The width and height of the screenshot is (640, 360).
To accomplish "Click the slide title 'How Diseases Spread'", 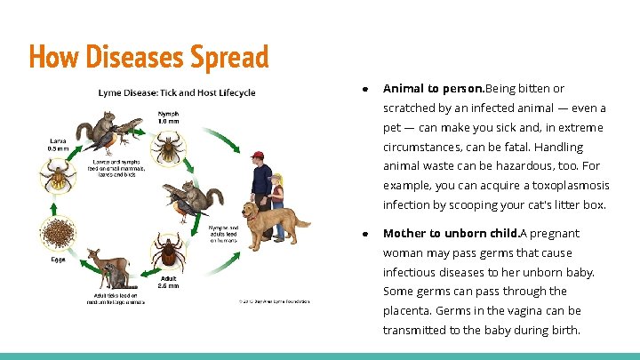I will [x=148, y=57].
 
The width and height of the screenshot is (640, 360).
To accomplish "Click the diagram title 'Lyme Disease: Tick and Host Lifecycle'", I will [x=176, y=92].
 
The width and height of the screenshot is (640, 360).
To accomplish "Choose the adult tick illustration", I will [x=167, y=252].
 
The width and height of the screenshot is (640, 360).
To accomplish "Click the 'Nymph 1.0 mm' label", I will [x=169, y=116].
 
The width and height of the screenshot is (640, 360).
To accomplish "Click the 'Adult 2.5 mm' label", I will [x=168, y=282].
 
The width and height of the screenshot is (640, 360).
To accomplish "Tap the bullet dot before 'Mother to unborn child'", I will [x=366, y=234].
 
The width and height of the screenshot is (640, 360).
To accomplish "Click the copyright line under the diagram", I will [x=274, y=301].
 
